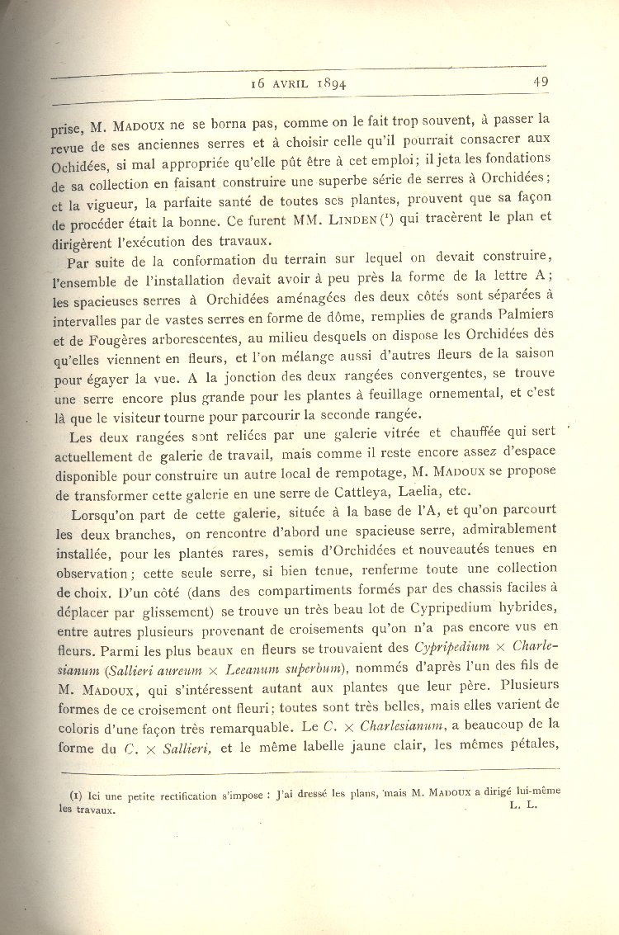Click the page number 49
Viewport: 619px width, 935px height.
pyautogui.click(x=541, y=82)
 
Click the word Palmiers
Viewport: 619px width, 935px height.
pyautogui.click(x=522, y=315)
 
